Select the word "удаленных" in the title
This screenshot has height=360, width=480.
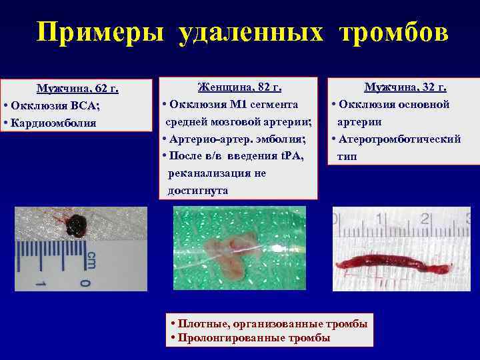(253, 32)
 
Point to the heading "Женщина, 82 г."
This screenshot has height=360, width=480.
(239, 87)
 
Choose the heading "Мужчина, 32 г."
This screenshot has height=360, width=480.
(405, 87)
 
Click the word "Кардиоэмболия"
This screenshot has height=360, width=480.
(55, 123)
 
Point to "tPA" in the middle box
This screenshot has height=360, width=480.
(291, 156)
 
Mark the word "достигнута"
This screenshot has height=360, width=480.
(197, 191)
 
